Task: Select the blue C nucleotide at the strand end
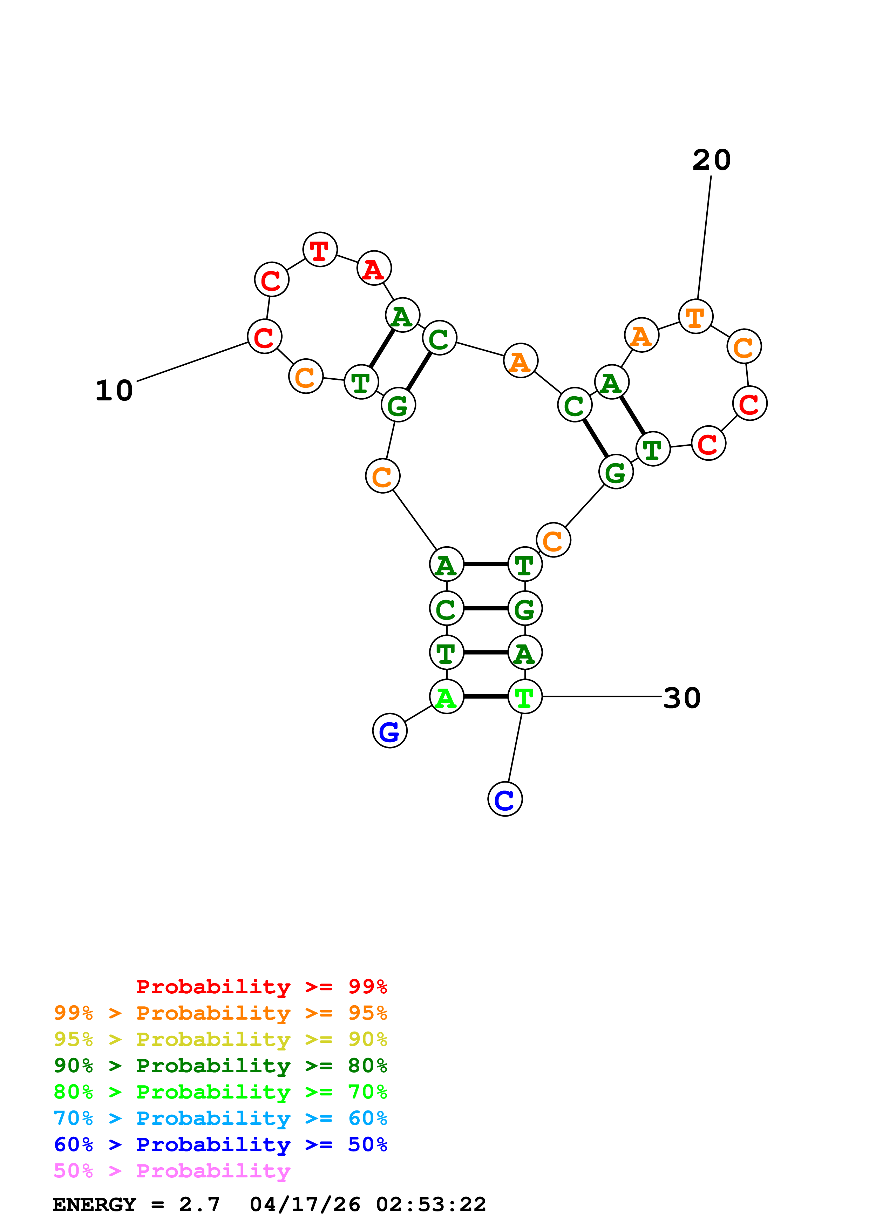click(504, 799)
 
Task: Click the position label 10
click(114, 391)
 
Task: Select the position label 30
click(681, 698)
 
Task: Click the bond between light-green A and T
click(485, 696)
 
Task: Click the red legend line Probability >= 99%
click(261, 987)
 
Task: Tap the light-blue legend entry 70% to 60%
click(220, 1118)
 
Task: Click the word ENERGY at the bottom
click(94, 1204)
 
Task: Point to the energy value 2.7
click(199, 1204)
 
